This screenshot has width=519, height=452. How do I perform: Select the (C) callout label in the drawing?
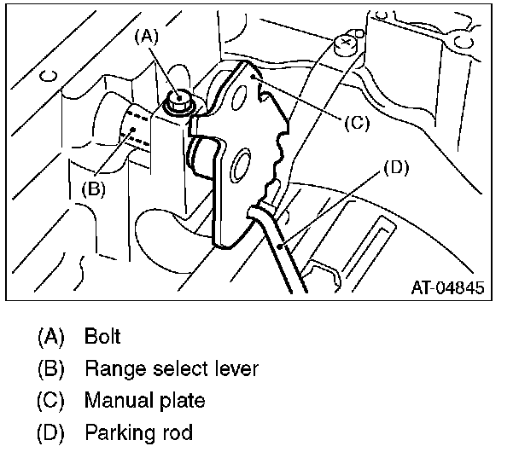(357, 121)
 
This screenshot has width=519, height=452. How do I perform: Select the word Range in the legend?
(108, 369)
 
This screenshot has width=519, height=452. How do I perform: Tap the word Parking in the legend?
(114, 432)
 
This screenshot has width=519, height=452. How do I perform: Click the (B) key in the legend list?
(51, 369)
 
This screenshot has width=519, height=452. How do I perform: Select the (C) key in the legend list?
(51, 400)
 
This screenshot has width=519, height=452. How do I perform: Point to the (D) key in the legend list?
(51, 432)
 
